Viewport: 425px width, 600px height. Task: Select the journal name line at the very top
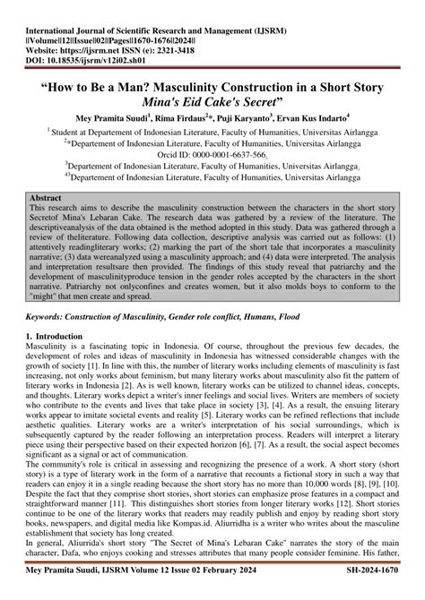coord(188,16)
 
